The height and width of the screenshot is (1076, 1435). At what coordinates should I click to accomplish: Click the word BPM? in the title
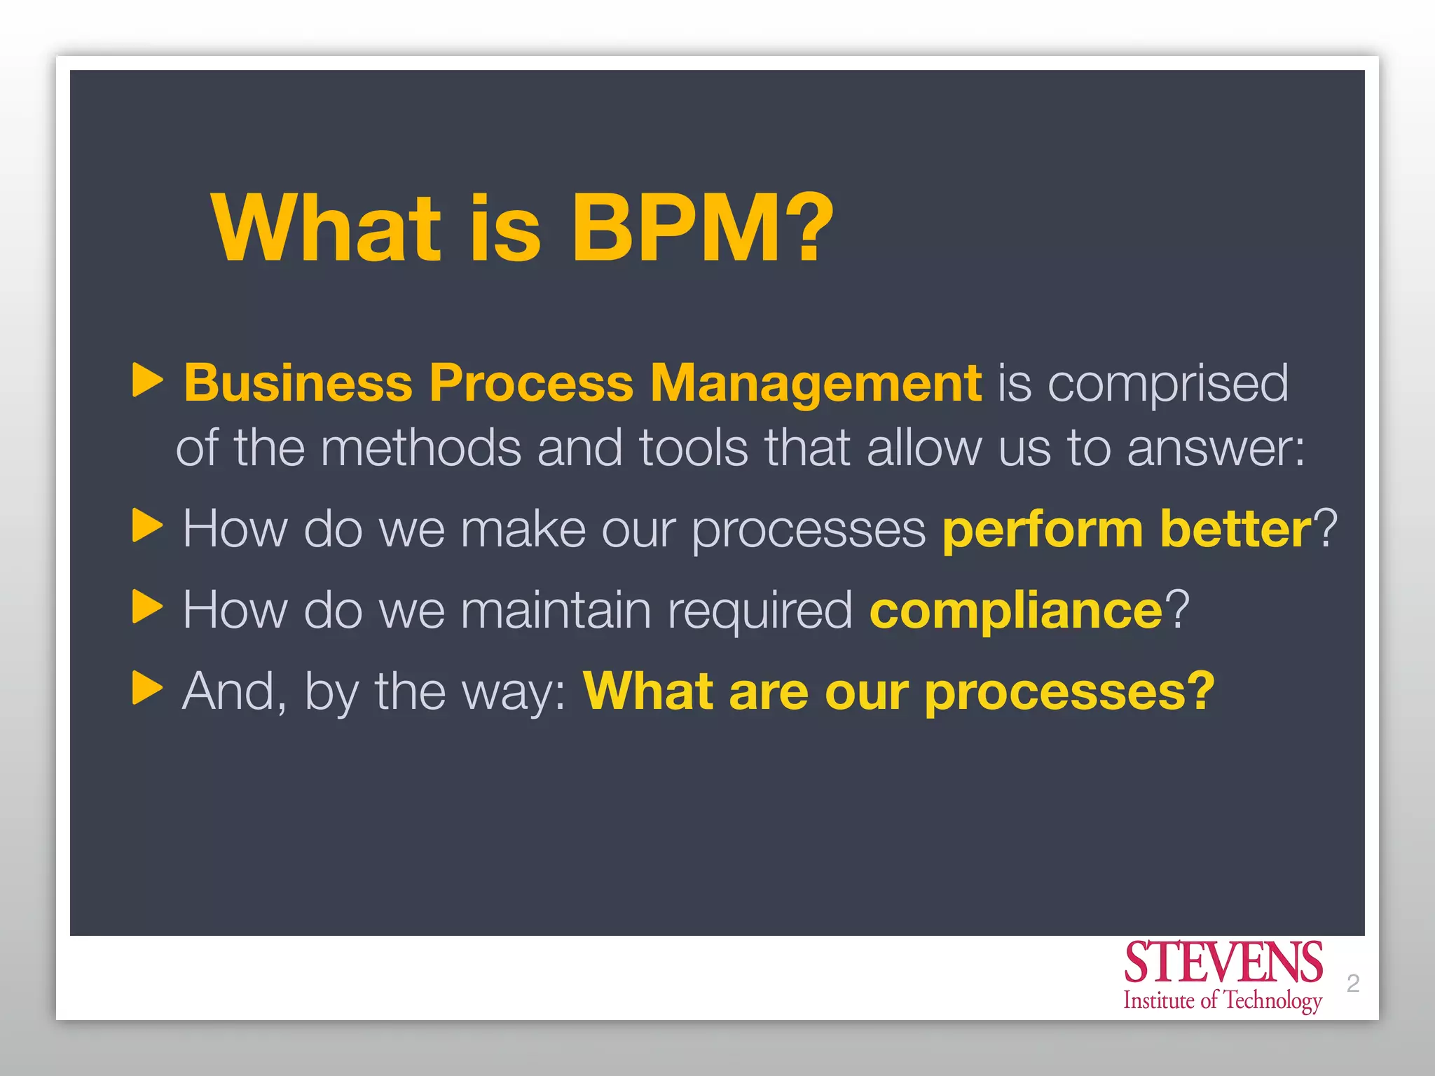(x=702, y=228)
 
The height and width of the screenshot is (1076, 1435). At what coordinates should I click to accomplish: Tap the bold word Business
(x=298, y=383)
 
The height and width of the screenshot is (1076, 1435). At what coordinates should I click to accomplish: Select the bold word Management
(x=816, y=383)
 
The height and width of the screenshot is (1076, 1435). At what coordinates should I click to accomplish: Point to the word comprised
(x=1168, y=383)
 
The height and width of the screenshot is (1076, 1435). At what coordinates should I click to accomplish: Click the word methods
(x=420, y=448)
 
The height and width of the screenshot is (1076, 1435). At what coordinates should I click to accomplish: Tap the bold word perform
(x=1043, y=530)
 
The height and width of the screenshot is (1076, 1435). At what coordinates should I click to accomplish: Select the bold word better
(x=1236, y=530)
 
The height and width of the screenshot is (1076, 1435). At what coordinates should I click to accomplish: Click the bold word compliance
(x=1016, y=611)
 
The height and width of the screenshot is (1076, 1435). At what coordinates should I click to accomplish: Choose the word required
(x=760, y=611)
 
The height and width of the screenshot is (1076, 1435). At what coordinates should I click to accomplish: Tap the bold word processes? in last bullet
(x=1069, y=692)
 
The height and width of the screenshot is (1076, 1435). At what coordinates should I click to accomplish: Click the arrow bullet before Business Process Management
(x=147, y=380)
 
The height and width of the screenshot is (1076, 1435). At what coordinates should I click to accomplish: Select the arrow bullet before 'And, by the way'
(x=147, y=688)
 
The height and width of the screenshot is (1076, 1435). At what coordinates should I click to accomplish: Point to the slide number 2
(x=1353, y=984)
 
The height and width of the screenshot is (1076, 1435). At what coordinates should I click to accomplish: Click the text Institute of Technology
(x=1223, y=1000)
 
